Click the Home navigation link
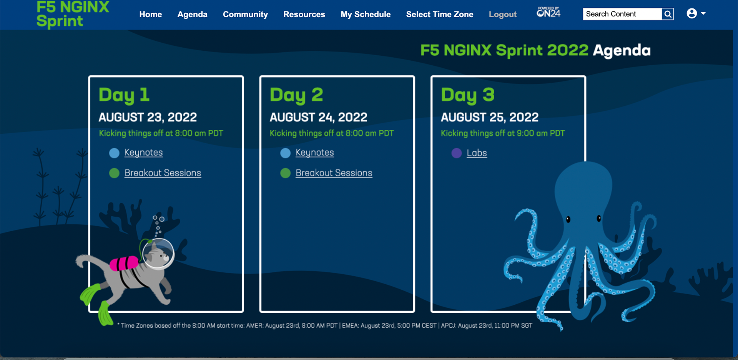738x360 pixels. click(x=150, y=15)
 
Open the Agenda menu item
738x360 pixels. click(x=192, y=15)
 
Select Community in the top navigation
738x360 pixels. click(x=245, y=15)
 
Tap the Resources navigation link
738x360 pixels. click(x=304, y=15)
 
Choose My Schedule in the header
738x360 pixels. click(x=365, y=15)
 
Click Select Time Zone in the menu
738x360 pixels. click(x=439, y=15)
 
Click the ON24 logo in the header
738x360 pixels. click(x=549, y=13)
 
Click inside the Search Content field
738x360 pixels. click(x=622, y=14)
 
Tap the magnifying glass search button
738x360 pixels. click(x=668, y=14)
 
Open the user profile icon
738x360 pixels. click(x=692, y=13)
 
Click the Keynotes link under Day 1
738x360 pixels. click(x=143, y=153)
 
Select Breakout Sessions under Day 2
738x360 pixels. click(x=334, y=173)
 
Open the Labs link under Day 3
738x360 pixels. click(x=477, y=153)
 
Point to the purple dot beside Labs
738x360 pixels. click(x=456, y=153)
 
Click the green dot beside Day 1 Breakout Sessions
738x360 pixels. click(x=114, y=173)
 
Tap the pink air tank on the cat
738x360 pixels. click(x=124, y=264)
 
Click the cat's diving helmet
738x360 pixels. click(x=158, y=253)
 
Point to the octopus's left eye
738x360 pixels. click(x=568, y=219)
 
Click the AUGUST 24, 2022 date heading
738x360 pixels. click(x=318, y=117)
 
